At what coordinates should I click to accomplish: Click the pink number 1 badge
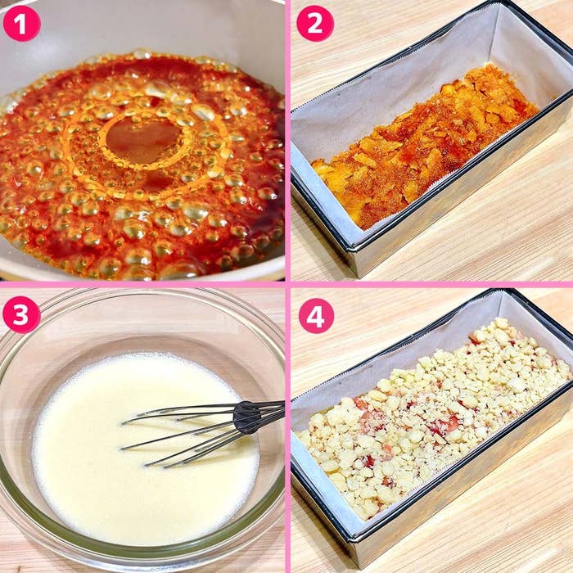(x=21, y=24)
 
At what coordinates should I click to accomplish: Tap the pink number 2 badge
(x=315, y=24)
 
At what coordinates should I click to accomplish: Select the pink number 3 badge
(x=21, y=314)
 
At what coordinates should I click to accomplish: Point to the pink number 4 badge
(x=316, y=316)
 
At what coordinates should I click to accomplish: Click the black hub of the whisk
(x=246, y=417)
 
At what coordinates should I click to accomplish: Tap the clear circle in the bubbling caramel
(x=143, y=141)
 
